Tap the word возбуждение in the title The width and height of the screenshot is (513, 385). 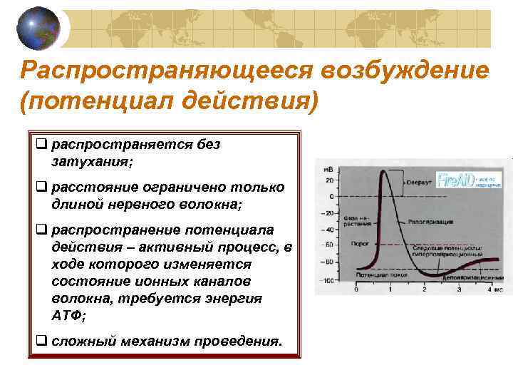(404, 71)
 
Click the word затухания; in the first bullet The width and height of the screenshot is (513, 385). (92, 162)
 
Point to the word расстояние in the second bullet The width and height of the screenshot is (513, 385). (91, 187)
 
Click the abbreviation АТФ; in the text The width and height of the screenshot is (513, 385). (68, 315)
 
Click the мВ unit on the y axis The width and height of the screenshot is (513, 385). (329, 169)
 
